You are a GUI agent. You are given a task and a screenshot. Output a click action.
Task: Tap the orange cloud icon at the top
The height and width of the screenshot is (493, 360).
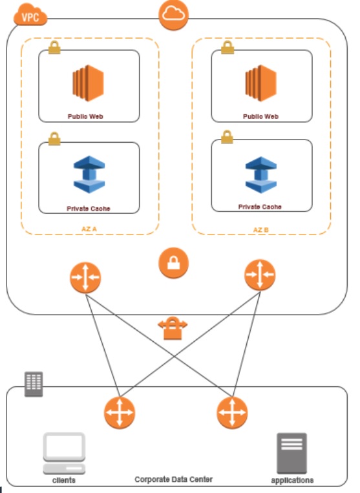pyautogui.click(x=174, y=16)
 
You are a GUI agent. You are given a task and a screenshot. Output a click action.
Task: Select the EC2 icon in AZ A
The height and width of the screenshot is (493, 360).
pyautogui.click(x=89, y=83)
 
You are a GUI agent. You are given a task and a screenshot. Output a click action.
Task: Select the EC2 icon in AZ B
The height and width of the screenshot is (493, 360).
pyautogui.click(x=261, y=83)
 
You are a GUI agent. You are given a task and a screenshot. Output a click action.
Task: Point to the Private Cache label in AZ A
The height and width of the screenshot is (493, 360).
pyautogui.click(x=88, y=209)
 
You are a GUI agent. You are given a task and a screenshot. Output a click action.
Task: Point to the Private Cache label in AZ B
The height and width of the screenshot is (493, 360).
pyautogui.click(x=260, y=207)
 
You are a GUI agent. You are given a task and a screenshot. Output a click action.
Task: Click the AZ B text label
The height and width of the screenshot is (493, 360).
pyautogui.click(x=262, y=229)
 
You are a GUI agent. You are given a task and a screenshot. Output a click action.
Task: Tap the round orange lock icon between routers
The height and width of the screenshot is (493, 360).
pyautogui.click(x=175, y=263)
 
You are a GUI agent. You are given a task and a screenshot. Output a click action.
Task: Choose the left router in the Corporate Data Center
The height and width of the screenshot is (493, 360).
pyautogui.click(x=120, y=412)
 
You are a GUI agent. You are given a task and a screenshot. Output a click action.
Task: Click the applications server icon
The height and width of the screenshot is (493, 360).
pyautogui.click(x=291, y=452)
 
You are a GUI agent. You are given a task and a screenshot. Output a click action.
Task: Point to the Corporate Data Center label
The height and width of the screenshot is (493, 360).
pyautogui.click(x=173, y=479)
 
